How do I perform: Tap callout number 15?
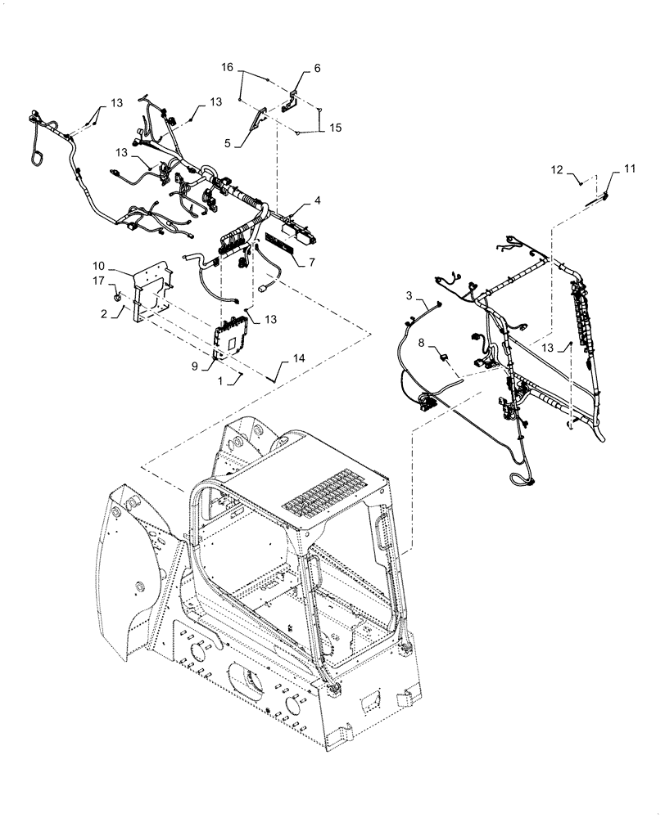[334, 128]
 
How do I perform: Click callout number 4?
[316, 200]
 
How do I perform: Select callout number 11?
[629, 169]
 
